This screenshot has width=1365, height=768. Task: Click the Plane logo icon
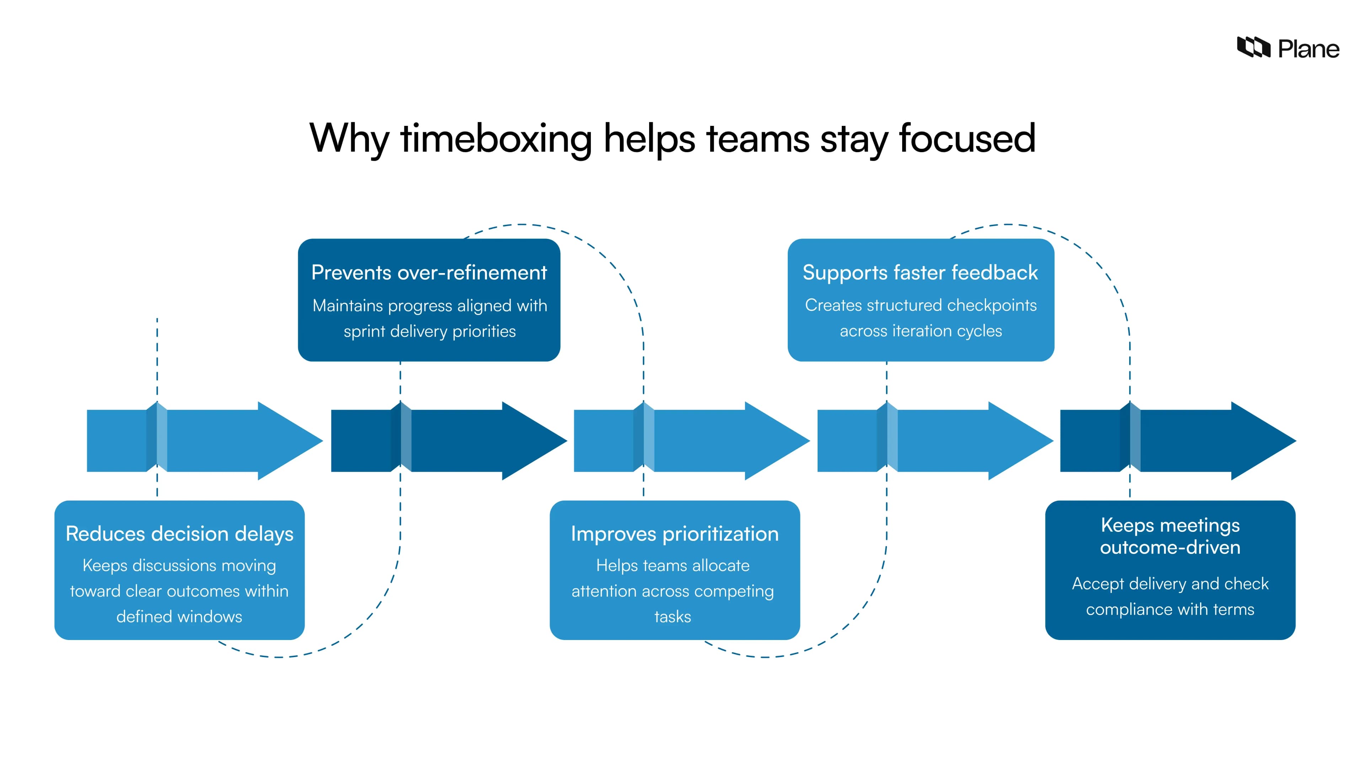pos(1253,48)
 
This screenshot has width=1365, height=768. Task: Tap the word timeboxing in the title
pos(496,139)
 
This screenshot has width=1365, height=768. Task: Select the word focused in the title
pos(967,139)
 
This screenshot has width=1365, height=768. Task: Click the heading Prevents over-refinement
pos(429,272)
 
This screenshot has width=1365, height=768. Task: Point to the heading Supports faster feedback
pos(920,272)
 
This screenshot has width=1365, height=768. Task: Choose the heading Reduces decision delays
pos(179,533)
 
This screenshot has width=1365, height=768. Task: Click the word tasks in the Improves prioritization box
pos(673,617)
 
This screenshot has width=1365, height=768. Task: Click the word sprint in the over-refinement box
pos(365,331)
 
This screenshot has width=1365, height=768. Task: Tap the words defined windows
pos(179,617)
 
